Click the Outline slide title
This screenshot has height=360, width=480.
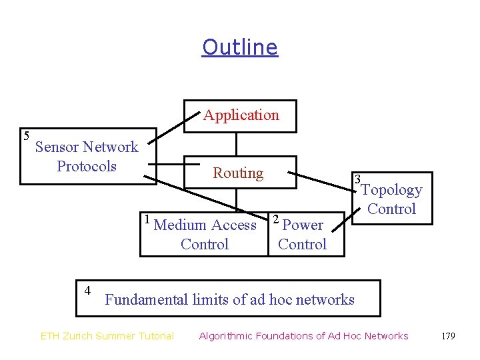pos(239,47)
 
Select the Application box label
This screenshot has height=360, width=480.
pos(241,115)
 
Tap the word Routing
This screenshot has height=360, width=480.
pos(238,173)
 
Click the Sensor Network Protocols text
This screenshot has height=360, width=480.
pos(87,157)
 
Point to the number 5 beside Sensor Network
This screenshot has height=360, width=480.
pos(26,136)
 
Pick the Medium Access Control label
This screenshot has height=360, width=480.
pos(205,235)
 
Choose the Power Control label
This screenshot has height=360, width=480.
pos(302,235)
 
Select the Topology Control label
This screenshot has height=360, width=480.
pos(391,199)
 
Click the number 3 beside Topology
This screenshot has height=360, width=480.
pos(358,179)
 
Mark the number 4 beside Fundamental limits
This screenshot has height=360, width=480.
pos(87,290)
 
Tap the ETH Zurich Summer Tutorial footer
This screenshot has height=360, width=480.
pos(107,336)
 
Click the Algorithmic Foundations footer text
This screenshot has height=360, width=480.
pos(303,336)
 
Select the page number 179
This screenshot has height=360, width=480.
pos(448,336)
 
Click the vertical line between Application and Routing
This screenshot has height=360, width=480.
pos(236,145)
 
